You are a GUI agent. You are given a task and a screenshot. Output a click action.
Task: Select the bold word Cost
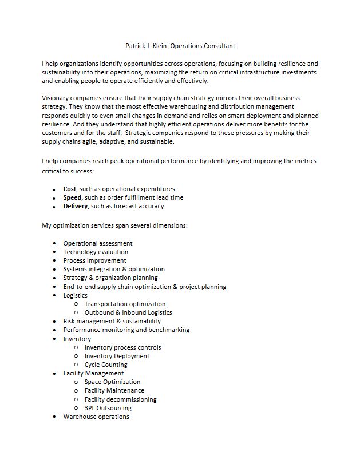pos(70,189)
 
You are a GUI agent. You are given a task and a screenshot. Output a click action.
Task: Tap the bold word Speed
pos(72,197)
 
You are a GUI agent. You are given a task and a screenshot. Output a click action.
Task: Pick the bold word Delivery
pos(76,206)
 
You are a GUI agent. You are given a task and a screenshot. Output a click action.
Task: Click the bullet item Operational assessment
pos(98,243)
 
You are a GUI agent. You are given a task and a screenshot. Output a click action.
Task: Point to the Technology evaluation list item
pos(96,252)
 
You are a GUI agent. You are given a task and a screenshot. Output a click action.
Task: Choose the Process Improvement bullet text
pos(94,260)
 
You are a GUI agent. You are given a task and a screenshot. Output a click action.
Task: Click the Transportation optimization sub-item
pos(125,304)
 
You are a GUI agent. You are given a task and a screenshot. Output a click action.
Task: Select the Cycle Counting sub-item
pos(106,365)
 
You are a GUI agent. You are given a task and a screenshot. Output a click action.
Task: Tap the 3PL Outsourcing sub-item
pos(108,408)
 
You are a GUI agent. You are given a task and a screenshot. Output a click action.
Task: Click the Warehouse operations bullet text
pos(96,417)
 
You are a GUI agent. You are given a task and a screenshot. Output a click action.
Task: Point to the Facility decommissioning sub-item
pos(120,399)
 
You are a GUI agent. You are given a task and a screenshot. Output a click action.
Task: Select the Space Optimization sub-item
pos(112,382)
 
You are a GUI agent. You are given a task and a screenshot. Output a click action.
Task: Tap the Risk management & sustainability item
pos(112,321)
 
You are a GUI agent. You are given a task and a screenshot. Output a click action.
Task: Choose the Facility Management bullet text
pos(93,373)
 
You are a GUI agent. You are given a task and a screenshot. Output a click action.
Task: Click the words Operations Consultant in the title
pos(203,46)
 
